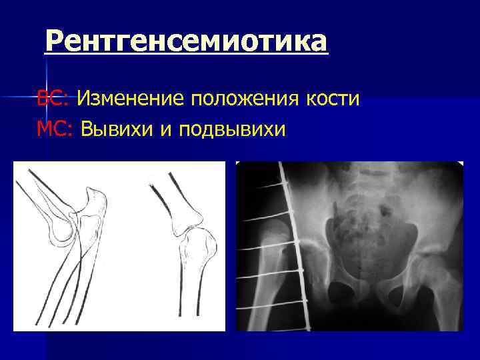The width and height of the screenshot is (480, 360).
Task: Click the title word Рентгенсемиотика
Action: click(x=187, y=41)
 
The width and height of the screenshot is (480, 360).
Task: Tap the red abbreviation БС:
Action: click(x=53, y=99)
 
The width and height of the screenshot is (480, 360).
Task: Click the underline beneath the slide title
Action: click(x=187, y=55)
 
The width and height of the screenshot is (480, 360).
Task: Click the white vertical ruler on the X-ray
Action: click(x=293, y=247)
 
